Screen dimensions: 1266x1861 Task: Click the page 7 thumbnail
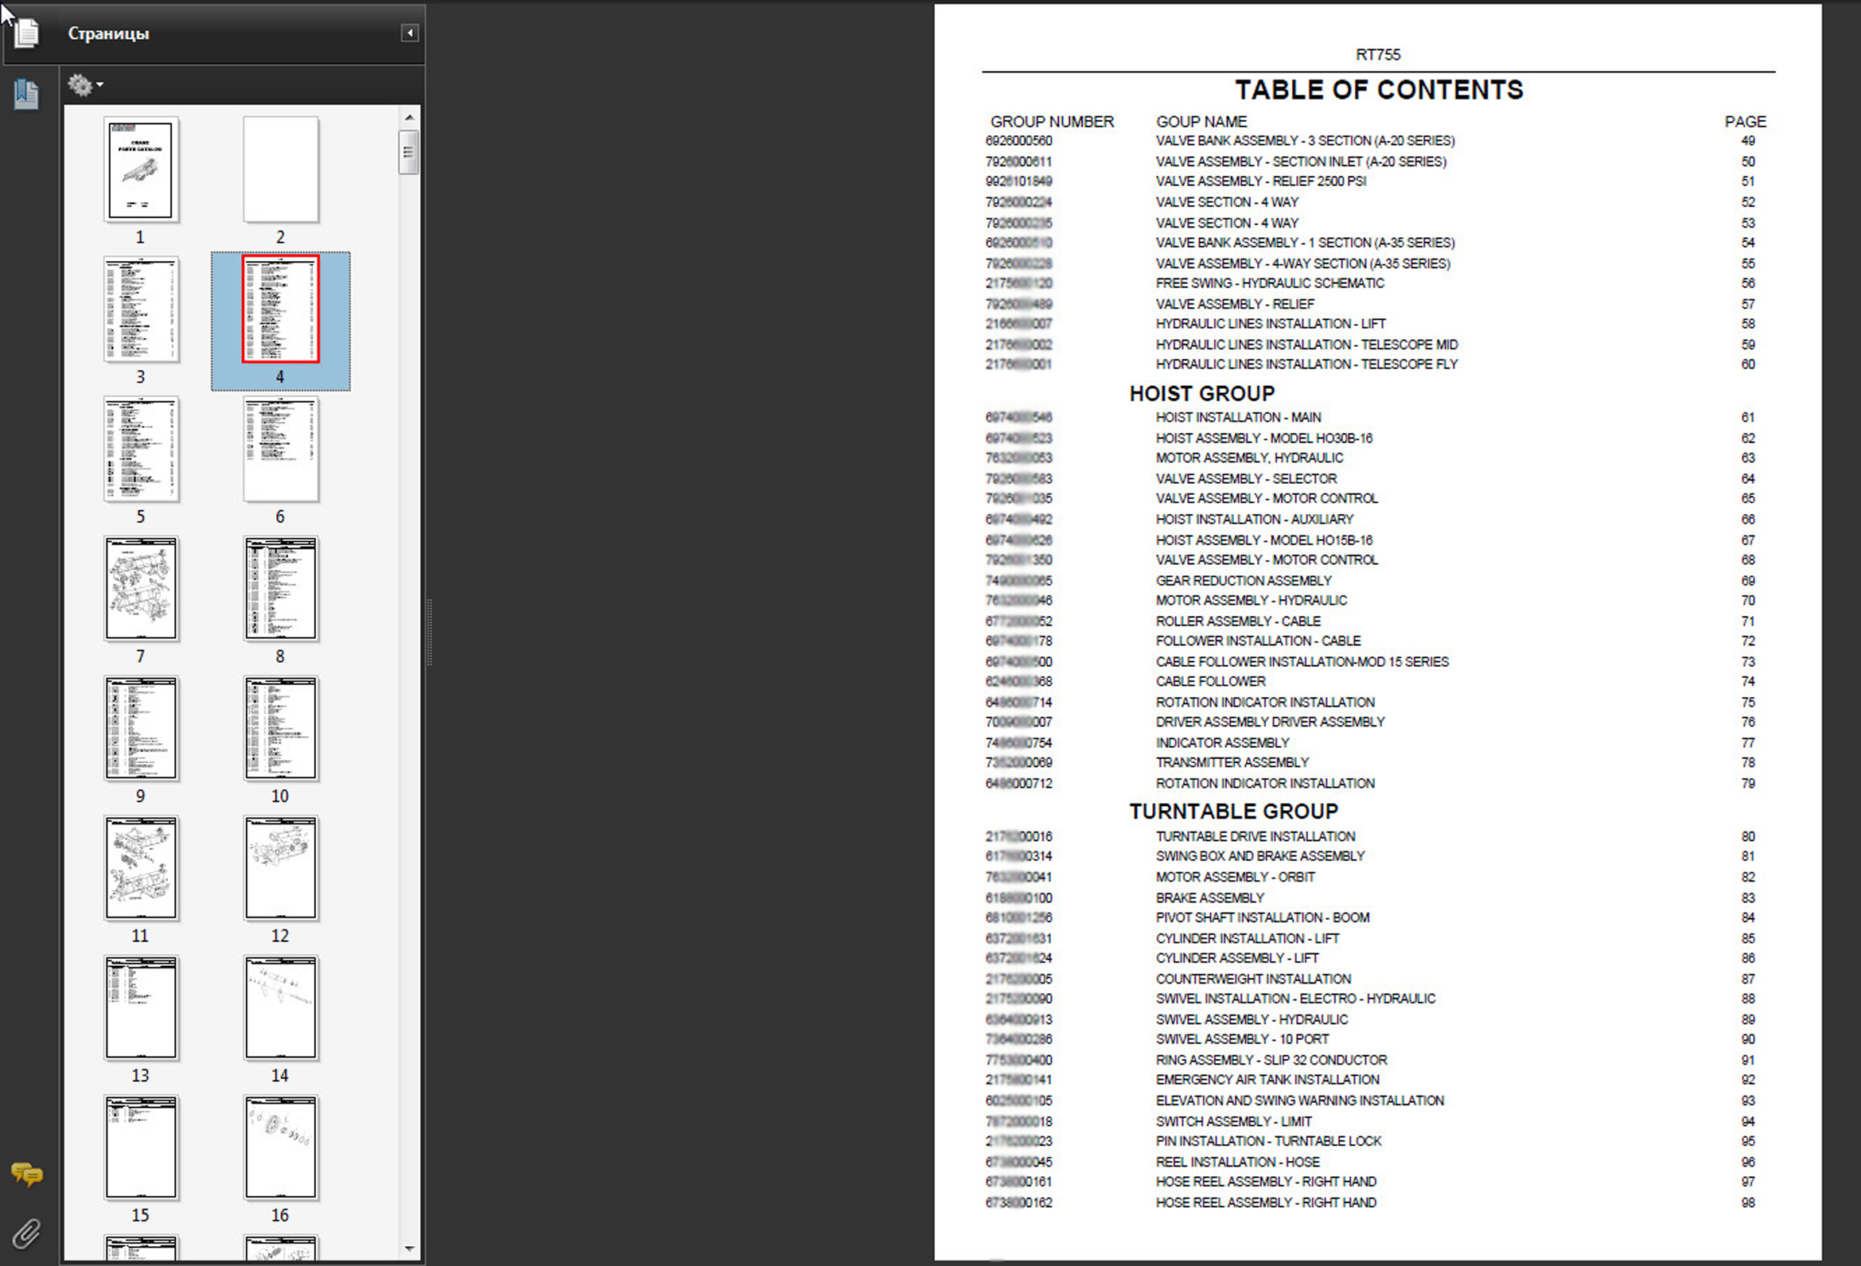(141, 589)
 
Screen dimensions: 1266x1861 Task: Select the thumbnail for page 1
(141, 169)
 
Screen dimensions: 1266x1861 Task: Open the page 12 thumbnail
(280, 868)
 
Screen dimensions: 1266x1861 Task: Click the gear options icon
(81, 84)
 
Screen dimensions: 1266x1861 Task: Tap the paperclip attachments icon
(26, 1233)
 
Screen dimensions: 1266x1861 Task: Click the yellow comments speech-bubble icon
(26, 1174)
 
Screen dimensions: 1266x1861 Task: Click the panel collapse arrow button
(409, 33)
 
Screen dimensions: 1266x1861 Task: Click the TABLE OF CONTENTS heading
(1378, 90)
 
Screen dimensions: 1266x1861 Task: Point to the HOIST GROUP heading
(1201, 393)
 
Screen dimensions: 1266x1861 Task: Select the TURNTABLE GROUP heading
(1233, 811)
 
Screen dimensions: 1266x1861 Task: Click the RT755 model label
(1377, 54)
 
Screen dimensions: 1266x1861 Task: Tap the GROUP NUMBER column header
(1051, 122)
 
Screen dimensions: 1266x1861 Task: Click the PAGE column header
(1745, 122)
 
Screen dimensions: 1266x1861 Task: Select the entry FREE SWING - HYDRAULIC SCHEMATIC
(1269, 283)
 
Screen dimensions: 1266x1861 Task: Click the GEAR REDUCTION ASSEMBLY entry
(1243, 581)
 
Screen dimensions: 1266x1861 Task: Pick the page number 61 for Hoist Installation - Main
(1747, 417)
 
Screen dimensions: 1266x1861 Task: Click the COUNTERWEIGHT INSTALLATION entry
(1252, 979)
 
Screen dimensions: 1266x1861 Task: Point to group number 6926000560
(1018, 141)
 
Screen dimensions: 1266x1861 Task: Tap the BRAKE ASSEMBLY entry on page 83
(1209, 898)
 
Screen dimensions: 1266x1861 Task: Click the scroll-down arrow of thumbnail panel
(409, 1248)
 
